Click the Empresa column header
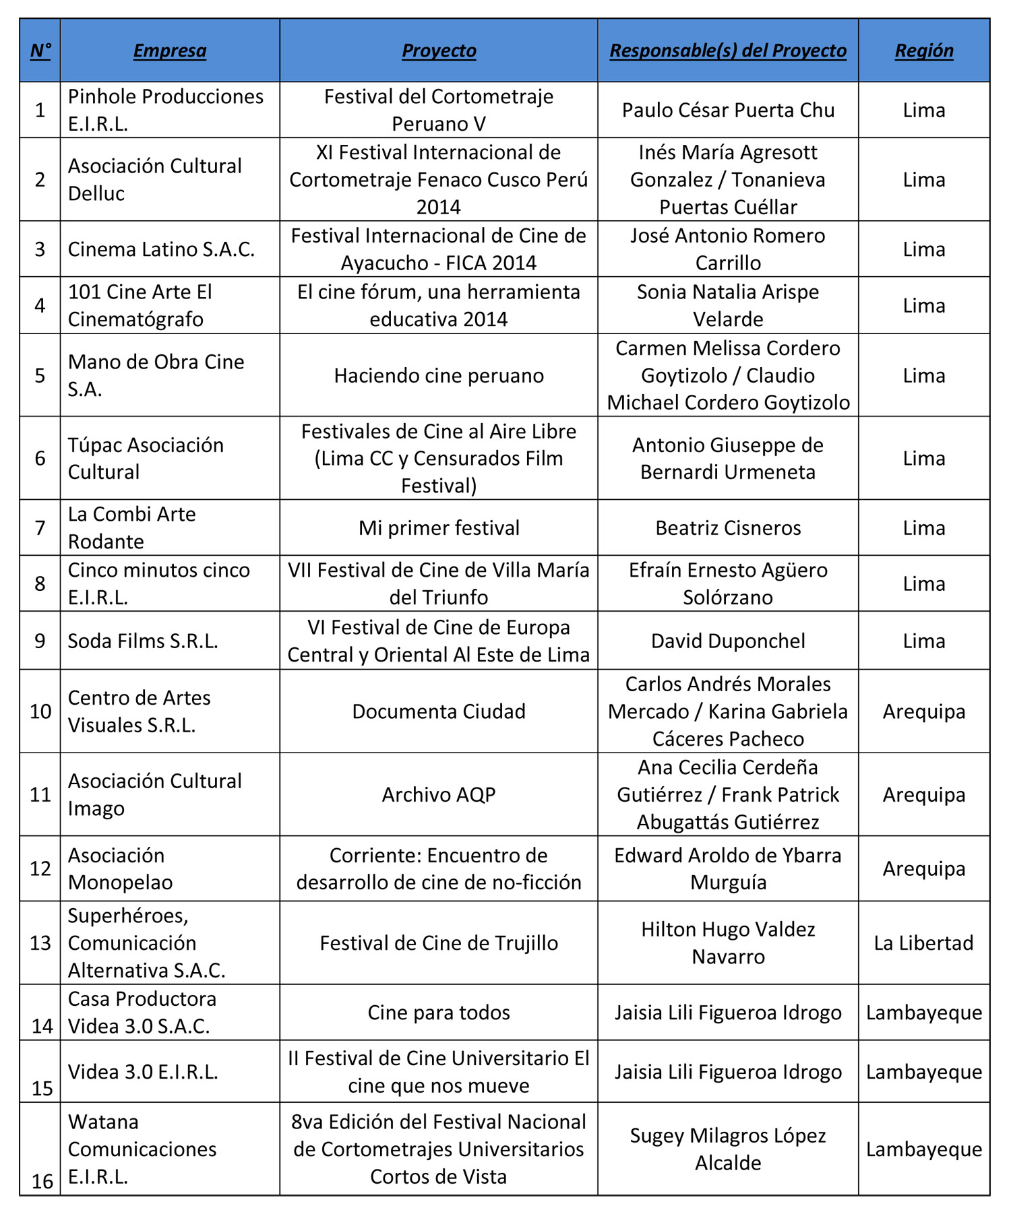[170, 51]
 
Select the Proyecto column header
[439, 51]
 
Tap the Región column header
[923, 51]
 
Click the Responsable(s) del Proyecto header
[728, 51]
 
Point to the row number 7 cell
[40, 528]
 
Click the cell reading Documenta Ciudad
[439, 711]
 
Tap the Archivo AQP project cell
[439, 795]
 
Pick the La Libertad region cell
[923, 943]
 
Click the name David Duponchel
[728, 641]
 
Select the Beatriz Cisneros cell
[728, 528]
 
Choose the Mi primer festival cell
[439, 528]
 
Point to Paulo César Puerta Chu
[728, 110]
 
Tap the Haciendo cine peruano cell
[439, 375]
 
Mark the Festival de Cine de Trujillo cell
[439, 943]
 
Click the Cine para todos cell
[439, 1013]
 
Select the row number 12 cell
[40, 868]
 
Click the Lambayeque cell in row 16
[923, 1149]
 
